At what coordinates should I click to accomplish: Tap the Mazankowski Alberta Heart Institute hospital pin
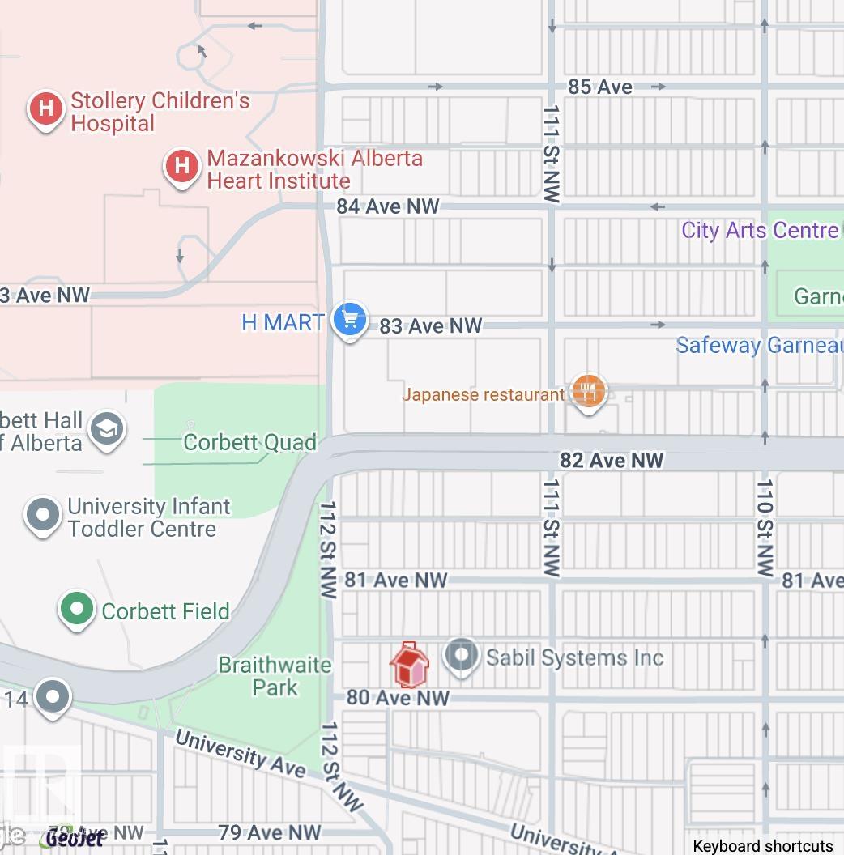coord(182,167)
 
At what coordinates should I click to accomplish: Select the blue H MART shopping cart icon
coord(350,320)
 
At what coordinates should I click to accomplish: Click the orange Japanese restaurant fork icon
coord(589,392)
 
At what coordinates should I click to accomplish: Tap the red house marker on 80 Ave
coord(409,665)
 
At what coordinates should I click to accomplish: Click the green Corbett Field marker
coord(77,609)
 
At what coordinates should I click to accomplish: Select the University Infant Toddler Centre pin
coord(43,515)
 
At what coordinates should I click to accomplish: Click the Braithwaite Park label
coord(275,676)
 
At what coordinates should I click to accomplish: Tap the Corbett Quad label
coord(249,443)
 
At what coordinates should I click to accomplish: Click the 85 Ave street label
coord(600,87)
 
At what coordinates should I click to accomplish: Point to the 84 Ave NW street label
coord(388,206)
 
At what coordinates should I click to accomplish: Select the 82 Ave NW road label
coord(612,461)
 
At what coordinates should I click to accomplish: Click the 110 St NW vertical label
coord(765,528)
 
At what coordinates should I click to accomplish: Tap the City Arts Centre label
coord(760,230)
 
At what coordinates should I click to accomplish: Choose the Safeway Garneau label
coord(759,346)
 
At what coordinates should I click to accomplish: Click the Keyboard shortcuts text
coord(762,846)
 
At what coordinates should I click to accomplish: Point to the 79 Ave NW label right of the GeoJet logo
coord(270,832)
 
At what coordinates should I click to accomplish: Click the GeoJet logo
coord(75,838)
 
